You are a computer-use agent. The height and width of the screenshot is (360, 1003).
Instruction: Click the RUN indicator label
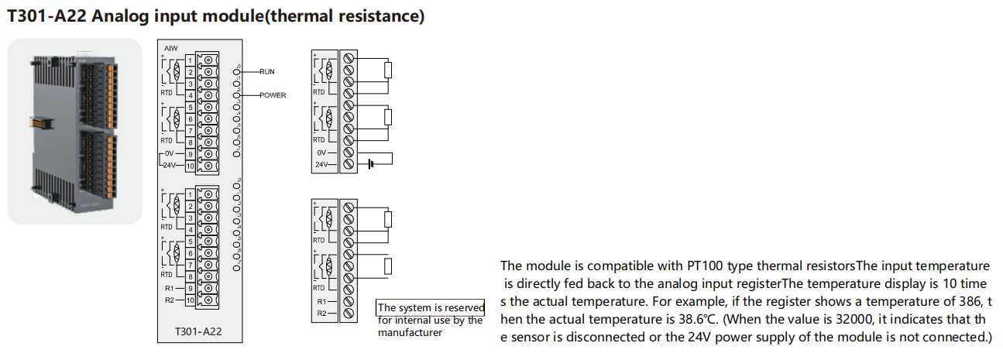(267, 71)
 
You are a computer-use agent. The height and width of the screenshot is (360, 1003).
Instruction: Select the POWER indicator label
(273, 95)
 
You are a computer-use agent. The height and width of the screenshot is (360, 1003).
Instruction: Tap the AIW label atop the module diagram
(171, 48)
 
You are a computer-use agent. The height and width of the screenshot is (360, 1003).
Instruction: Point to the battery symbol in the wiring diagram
(372, 164)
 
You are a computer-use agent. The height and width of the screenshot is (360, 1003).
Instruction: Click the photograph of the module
(75, 132)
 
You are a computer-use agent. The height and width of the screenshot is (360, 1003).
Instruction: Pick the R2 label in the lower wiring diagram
(321, 314)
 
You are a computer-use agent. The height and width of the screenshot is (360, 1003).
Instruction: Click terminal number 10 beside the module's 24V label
(190, 166)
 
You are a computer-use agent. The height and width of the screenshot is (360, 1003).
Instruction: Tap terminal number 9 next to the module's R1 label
(190, 288)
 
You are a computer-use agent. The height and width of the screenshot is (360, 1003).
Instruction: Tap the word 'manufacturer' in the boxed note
(410, 332)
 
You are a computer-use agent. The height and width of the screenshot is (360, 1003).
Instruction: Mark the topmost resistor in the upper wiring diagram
(389, 70)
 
